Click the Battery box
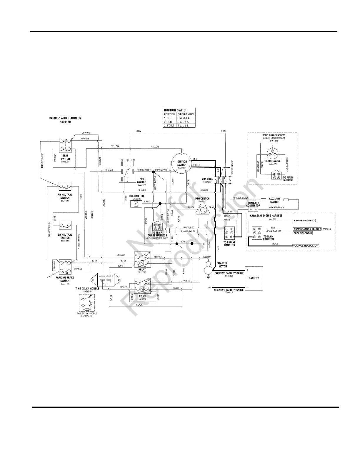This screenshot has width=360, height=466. pyautogui.click(x=254, y=278)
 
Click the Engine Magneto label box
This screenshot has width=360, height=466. pyautogui.click(x=304, y=220)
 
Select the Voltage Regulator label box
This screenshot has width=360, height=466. pyautogui.click(x=306, y=246)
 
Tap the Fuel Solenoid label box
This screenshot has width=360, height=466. pyautogui.click(x=303, y=233)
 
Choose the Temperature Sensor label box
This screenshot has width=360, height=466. pyautogui.click(x=307, y=229)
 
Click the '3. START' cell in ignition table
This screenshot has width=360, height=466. pyautogui.click(x=170, y=126)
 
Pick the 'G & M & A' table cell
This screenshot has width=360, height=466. pyautogui.click(x=186, y=118)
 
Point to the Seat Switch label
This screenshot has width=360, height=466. pyautogui.click(x=66, y=157)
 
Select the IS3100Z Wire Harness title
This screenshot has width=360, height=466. pyautogui.click(x=65, y=120)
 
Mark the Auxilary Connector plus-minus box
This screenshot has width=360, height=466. pyautogui.click(x=253, y=209)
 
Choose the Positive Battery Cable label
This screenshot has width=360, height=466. pyautogui.click(x=229, y=274)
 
